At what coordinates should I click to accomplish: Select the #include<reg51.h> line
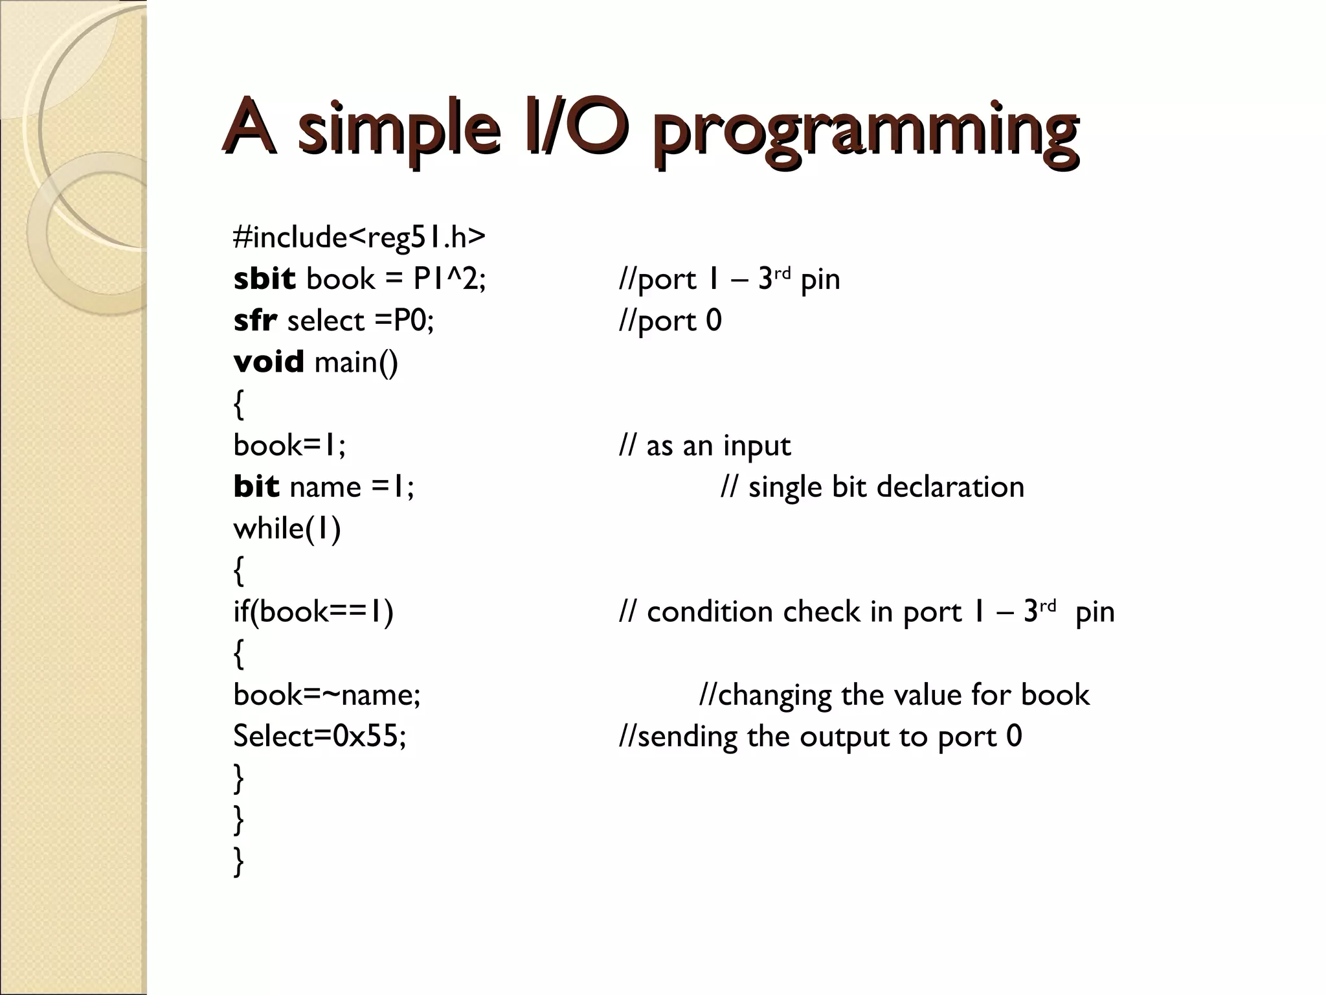(359, 237)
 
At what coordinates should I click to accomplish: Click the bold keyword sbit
(264, 279)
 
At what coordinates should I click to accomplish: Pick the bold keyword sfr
(255, 321)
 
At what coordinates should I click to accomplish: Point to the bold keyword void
(268, 361)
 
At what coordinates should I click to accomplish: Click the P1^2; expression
(449, 279)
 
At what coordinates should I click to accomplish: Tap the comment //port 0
(670, 321)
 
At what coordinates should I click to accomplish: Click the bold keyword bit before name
(256, 486)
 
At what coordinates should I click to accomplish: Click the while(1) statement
(287, 529)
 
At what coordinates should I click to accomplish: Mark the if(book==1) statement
(313, 612)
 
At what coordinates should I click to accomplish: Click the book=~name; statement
(326, 694)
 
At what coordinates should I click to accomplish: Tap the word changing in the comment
(774, 695)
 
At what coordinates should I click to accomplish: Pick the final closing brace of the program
(238, 862)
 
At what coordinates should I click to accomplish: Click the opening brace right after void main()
(238, 404)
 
